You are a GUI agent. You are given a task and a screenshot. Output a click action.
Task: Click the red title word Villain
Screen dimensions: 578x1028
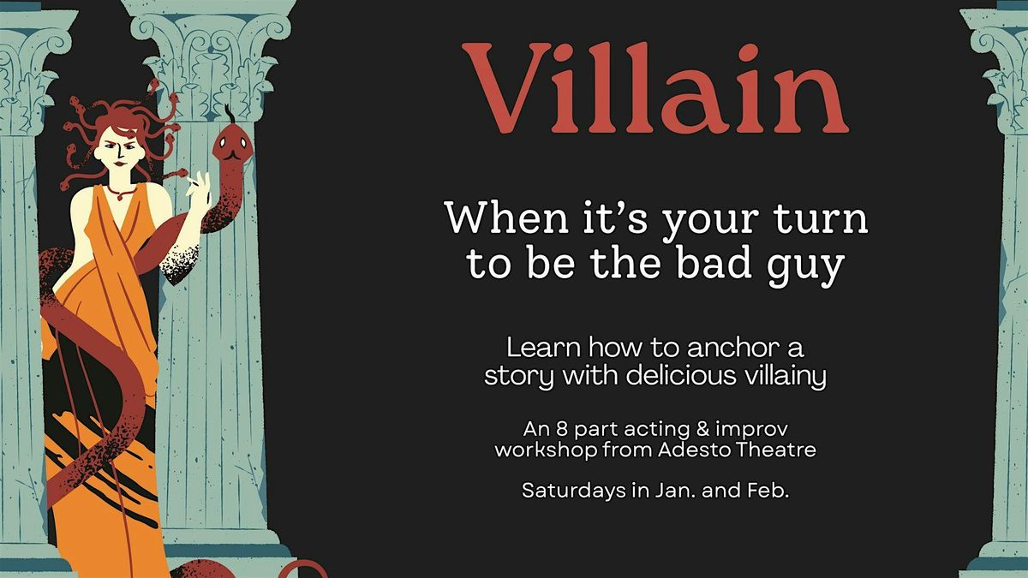[x=655, y=90]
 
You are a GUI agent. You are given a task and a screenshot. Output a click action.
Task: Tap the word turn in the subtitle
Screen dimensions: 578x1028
[x=822, y=219]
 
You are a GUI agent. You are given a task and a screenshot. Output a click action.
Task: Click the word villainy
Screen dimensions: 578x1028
[x=780, y=378]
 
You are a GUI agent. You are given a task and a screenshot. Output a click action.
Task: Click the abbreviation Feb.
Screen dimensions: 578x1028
[x=768, y=492]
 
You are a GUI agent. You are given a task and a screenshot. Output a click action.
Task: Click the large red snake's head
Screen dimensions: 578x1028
[x=228, y=146]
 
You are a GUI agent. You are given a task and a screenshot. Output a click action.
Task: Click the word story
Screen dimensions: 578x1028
[x=515, y=377]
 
